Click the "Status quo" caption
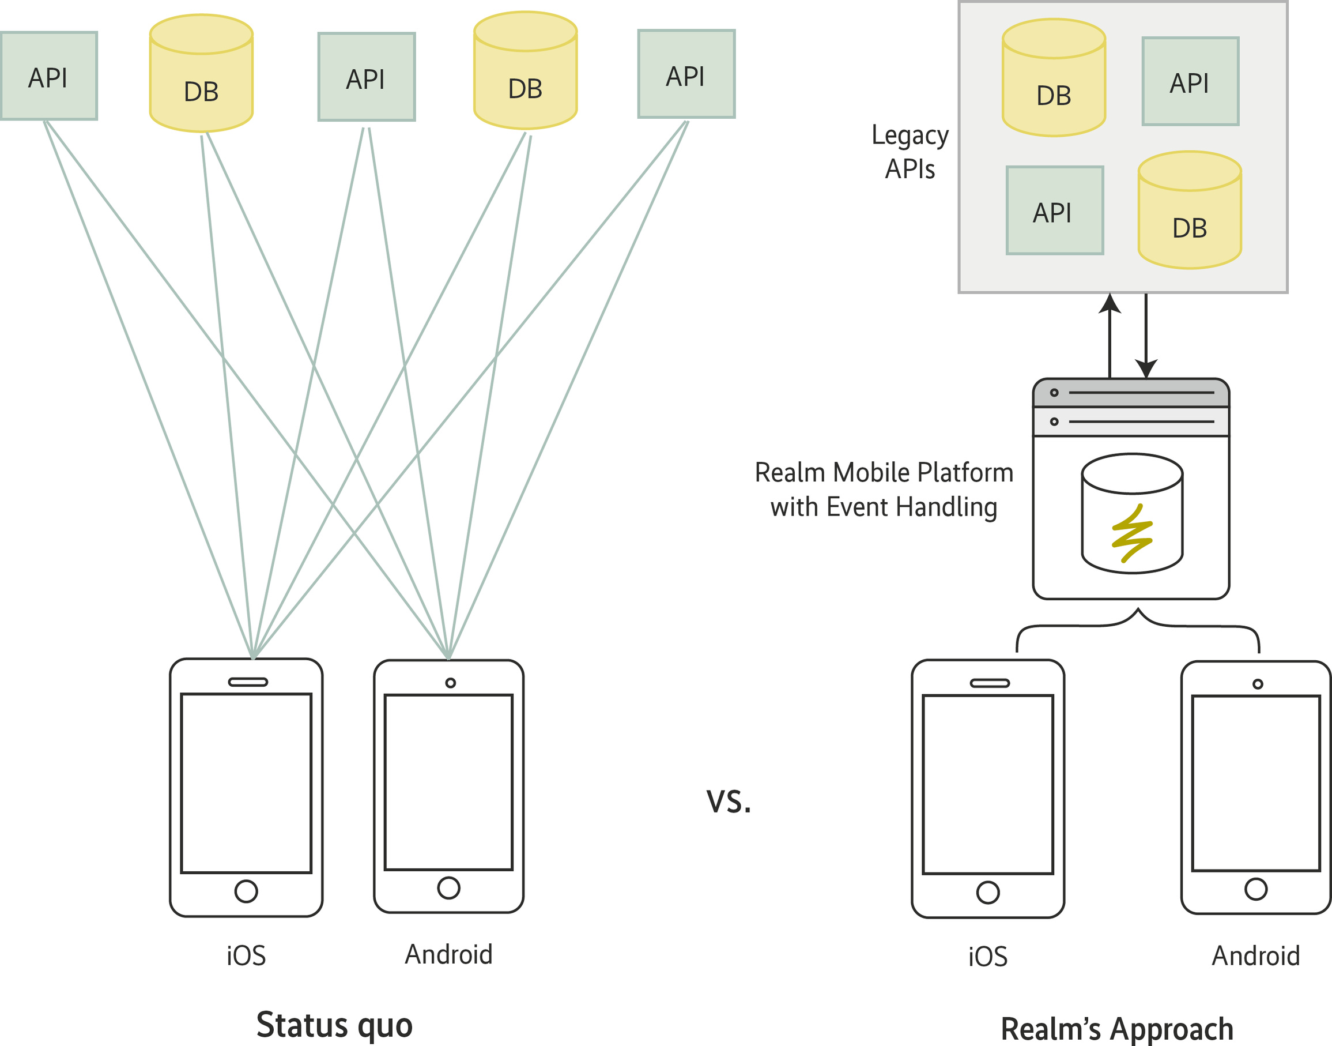[334, 1025]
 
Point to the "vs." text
[729, 800]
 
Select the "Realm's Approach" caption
[1116, 1029]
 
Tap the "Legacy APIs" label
[910, 151]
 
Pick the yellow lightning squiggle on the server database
[1132, 533]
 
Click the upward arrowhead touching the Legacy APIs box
[1110, 303]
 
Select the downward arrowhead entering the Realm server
[1146, 368]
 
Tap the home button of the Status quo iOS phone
[246, 891]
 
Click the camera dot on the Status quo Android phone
[451, 683]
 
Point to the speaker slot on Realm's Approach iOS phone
[989, 683]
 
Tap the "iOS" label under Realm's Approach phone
[987, 957]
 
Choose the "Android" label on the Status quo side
[448, 954]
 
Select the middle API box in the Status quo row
[367, 77]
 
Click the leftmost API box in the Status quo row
[49, 76]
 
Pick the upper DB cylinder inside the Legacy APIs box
[1054, 78]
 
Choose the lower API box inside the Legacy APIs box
[1055, 210]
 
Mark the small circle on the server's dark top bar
[1054, 393]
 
